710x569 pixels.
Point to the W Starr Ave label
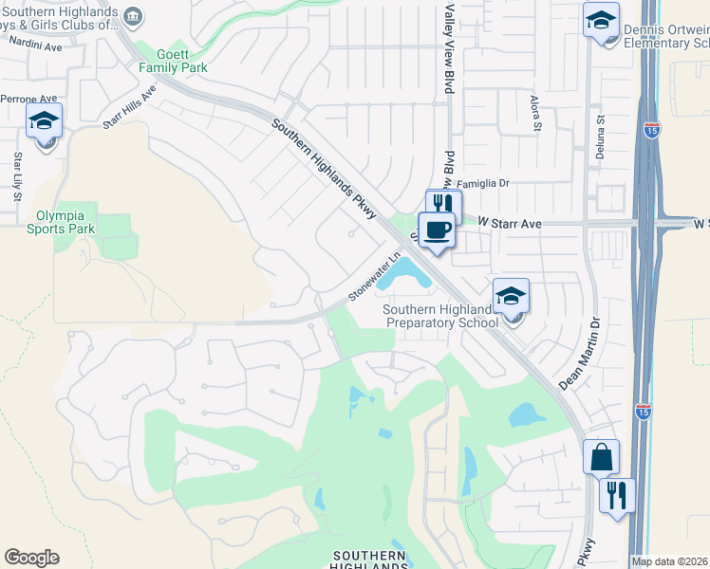click(509, 223)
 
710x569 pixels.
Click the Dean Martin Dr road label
click(582, 354)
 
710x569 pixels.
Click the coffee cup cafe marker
click(437, 230)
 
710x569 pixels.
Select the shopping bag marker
click(601, 458)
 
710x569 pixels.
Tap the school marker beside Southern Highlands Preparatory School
click(511, 298)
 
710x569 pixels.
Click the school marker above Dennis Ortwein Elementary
click(601, 22)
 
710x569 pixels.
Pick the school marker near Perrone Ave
click(44, 122)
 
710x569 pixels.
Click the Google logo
click(31, 558)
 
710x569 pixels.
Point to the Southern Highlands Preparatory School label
click(441, 316)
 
